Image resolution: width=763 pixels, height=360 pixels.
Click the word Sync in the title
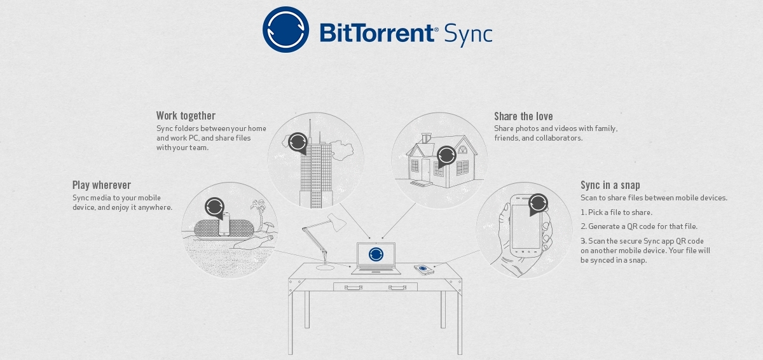467,33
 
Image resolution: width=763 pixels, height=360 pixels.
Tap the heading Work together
186,116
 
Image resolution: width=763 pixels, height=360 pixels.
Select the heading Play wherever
101,185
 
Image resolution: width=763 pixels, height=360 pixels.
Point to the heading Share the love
523,116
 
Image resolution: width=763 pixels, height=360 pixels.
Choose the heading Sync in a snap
610,185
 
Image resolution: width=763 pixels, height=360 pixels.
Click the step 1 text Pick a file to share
616,212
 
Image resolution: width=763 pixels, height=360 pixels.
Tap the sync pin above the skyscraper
297,142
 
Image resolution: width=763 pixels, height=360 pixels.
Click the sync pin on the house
446,155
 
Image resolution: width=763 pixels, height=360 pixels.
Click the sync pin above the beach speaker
214,207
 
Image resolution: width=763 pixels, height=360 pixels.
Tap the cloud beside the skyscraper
344,151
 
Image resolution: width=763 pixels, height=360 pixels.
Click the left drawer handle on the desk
353,287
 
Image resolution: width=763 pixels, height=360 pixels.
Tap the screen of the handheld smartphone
526,226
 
